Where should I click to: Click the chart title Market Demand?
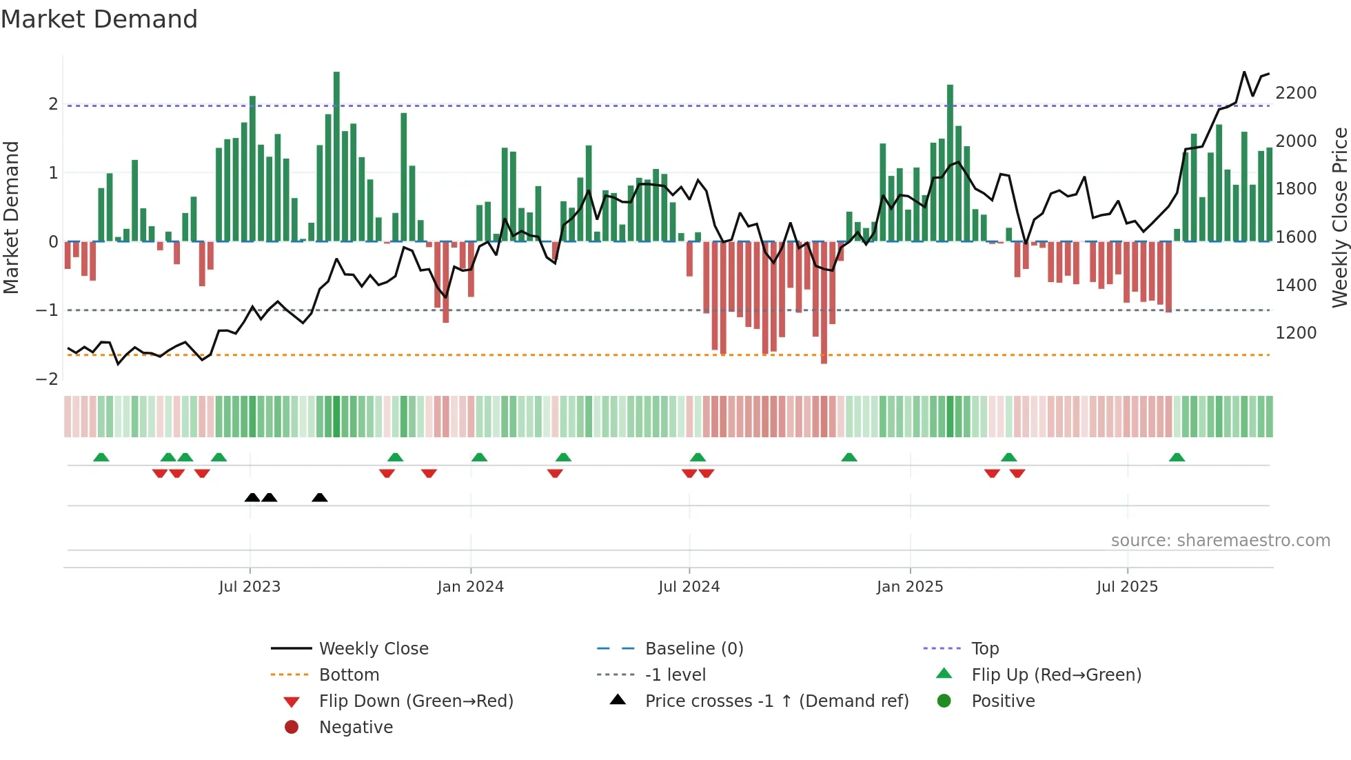pos(99,19)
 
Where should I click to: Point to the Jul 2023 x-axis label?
pos(250,587)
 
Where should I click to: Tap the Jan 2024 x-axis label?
pos(470,587)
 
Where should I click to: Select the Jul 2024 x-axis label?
pos(689,587)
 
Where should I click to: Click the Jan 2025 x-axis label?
pos(909,587)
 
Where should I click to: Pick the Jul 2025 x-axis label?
pos(1127,587)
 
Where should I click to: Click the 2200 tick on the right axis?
pos(1296,93)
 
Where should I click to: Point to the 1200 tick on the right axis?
pos(1296,333)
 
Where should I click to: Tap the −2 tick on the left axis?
pos(47,379)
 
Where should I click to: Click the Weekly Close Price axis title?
pos(1339,217)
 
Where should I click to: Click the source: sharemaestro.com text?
pos(1220,541)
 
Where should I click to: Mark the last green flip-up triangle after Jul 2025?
pos(1177,457)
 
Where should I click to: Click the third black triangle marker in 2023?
pos(319,497)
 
